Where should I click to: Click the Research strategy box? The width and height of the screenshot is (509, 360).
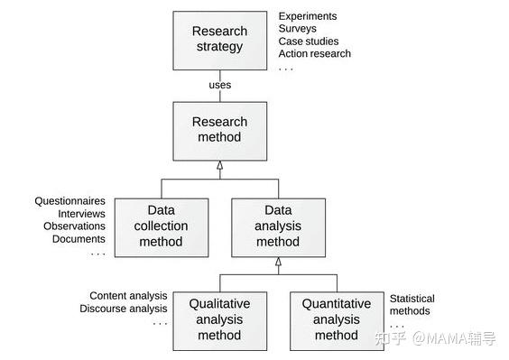(x=219, y=40)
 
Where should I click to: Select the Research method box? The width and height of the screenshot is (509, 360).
(x=219, y=130)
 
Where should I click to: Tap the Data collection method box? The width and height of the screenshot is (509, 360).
(x=162, y=226)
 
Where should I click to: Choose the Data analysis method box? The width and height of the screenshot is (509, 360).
(x=277, y=226)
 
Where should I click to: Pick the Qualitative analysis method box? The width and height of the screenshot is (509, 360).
(x=219, y=319)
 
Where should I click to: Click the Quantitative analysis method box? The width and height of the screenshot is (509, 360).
(x=336, y=319)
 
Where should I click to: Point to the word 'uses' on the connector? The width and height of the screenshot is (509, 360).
(x=219, y=85)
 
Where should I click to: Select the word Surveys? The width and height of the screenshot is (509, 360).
(x=298, y=29)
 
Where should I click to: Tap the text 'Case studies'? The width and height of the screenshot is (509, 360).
(x=309, y=42)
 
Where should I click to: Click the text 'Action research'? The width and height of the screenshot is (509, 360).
(x=314, y=54)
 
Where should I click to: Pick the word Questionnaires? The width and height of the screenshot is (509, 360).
(x=70, y=200)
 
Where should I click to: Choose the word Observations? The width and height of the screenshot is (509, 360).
(x=75, y=226)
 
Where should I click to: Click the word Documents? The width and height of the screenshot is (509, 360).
(x=79, y=239)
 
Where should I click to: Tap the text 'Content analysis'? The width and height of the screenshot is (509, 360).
(x=128, y=296)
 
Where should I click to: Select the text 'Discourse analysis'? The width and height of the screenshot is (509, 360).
(x=123, y=309)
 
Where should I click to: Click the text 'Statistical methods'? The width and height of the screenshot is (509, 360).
(x=412, y=305)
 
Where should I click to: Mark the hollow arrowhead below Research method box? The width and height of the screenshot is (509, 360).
(x=219, y=166)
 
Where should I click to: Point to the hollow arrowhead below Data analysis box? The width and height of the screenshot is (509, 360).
(x=278, y=261)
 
